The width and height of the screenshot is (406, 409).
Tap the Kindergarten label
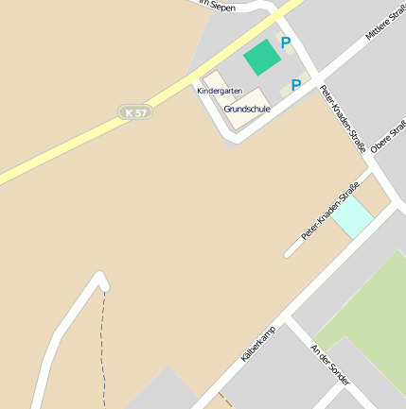coord(220,91)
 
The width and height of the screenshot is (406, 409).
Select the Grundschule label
coord(247,110)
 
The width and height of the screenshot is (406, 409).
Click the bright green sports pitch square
coord(262,59)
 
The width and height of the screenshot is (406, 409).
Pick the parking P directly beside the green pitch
coord(285,43)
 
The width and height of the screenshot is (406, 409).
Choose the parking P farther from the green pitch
coord(296,86)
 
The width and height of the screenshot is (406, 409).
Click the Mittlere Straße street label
coord(384,24)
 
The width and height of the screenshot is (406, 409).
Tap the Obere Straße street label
coord(388,136)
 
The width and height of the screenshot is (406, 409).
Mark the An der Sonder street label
coord(330,365)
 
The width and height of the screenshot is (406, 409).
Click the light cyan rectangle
coord(353,219)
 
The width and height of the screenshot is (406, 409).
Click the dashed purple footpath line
coord(104,349)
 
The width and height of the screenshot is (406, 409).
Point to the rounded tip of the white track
coord(101,278)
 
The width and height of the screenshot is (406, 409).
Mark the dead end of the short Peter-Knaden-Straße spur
coord(288,254)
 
